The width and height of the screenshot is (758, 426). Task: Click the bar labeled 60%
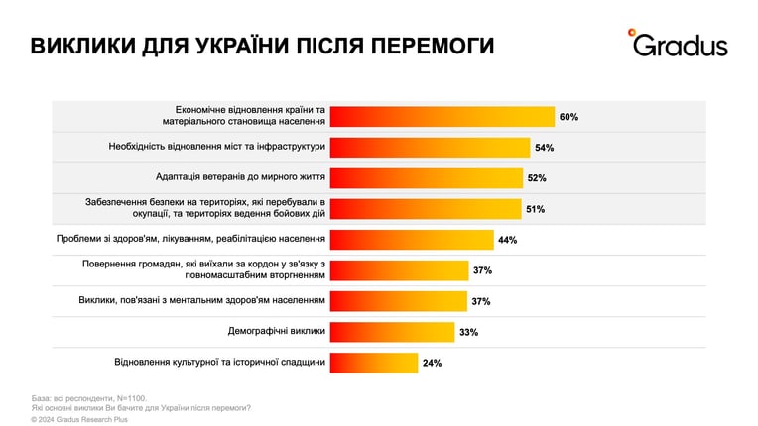click(442, 117)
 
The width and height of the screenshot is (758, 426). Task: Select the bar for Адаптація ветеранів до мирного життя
click(427, 178)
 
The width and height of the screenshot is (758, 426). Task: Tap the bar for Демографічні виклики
click(393, 332)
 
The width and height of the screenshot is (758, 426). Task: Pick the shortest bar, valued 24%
click(374, 363)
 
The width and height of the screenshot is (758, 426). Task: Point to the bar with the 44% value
click(412, 240)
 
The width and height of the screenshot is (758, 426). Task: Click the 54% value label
click(545, 148)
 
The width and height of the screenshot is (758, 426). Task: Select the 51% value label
click(536, 209)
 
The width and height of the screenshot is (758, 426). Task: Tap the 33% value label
click(469, 333)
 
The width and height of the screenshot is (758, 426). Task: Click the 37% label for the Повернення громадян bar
click(482, 270)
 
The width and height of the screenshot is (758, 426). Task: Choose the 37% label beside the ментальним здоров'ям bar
click(481, 301)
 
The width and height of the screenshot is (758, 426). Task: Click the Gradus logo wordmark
click(681, 46)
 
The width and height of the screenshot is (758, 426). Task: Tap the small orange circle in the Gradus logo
click(631, 33)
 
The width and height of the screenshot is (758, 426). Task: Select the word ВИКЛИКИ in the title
click(82, 46)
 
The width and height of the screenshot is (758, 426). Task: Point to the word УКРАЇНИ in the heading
click(243, 45)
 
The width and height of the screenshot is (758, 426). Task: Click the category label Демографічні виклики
click(277, 331)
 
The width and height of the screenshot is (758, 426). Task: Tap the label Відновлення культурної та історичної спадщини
click(220, 362)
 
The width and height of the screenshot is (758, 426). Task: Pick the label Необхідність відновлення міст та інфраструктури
click(217, 147)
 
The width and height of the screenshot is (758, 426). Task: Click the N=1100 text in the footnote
click(132, 398)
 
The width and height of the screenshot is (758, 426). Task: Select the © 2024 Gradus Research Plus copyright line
click(79, 420)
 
